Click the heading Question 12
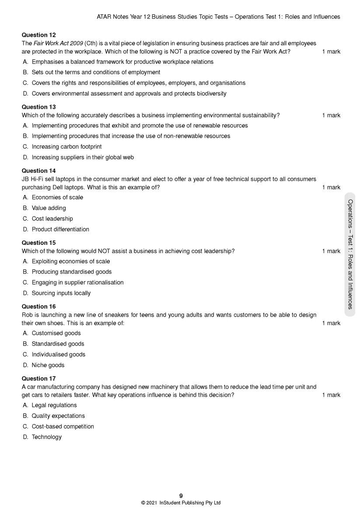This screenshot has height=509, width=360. [x=39, y=35]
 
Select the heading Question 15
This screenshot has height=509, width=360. [x=39, y=243]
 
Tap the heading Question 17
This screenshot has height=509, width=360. [x=39, y=378]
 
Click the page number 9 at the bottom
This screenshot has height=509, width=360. [x=181, y=495]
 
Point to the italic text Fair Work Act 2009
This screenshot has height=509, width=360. [x=58, y=43]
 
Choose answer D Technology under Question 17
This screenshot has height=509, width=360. [x=46, y=437]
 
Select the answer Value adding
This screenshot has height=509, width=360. [x=49, y=208]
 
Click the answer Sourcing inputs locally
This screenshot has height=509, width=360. [x=61, y=293]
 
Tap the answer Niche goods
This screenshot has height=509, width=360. [x=48, y=365]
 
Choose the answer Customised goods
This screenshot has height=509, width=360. [x=56, y=333]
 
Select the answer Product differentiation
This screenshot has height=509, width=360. [x=60, y=229]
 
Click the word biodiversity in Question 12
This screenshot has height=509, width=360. [x=210, y=94]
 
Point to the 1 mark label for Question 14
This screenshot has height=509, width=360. [x=331, y=188]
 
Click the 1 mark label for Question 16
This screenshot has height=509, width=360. [x=331, y=323]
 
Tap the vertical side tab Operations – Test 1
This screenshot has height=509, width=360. [x=350, y=254]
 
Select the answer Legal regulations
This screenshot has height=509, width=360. [x=54, y=405]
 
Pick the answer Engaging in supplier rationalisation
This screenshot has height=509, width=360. [x=77, y=282]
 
